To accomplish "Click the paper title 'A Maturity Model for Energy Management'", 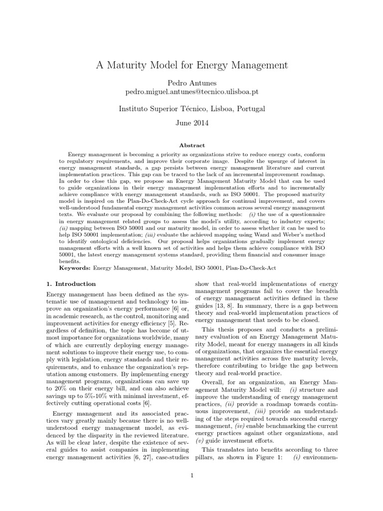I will click(x=191, y=65).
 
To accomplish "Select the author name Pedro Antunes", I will click(x=191, y=82).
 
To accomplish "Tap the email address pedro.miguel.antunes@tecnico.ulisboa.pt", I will click(x=191, y=92).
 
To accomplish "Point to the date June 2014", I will click(x=191, y=122).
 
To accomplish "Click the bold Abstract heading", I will click(x=191, y=145).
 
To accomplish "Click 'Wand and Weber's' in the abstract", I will click(x=273, y=240).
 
